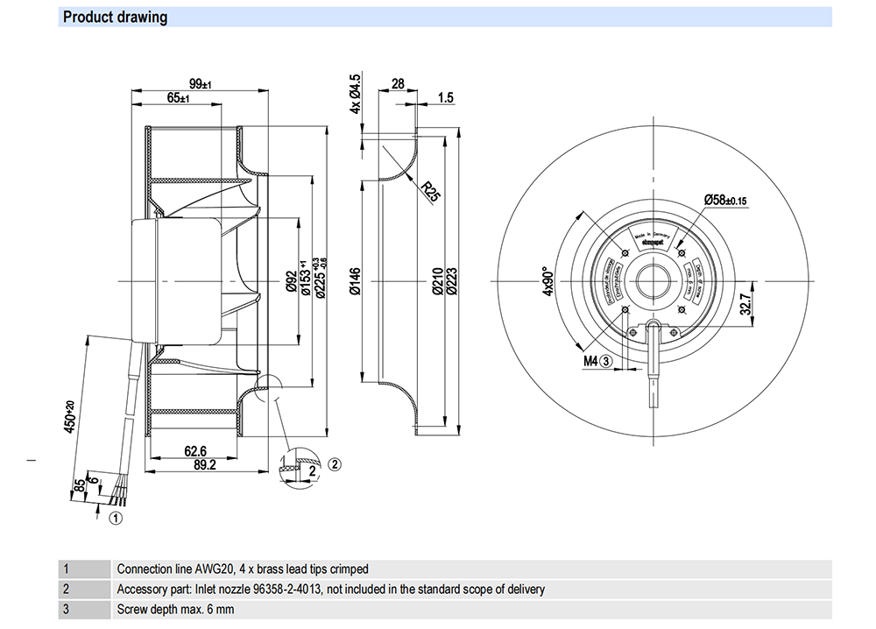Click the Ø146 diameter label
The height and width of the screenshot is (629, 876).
pos(357,280)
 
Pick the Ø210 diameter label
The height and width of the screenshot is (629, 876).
pos(439,280)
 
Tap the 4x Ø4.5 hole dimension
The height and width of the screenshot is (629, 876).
pos(356,95)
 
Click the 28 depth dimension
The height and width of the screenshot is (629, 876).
pos(398,84)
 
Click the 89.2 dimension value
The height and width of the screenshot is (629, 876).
pos(206,466)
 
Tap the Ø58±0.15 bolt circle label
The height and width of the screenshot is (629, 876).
pos(724,200)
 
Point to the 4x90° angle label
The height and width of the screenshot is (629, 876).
pos(549,280)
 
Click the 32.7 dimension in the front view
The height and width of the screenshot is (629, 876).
pos(745,303)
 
